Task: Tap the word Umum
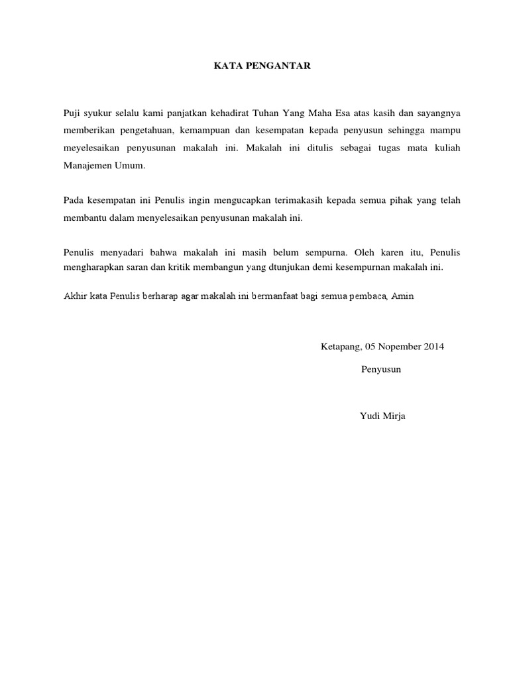point(131,165)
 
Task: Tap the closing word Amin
point(402,296)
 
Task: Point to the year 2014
point(434,346)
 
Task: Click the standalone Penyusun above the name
point(381,369)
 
